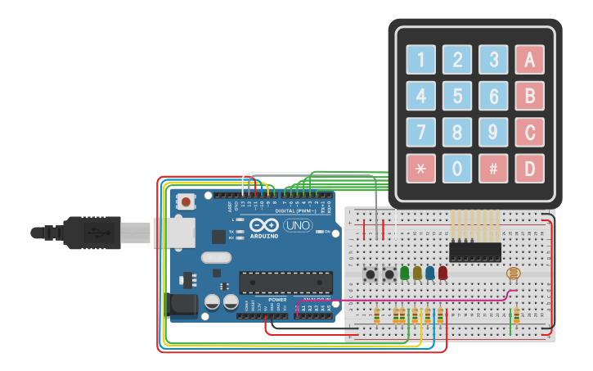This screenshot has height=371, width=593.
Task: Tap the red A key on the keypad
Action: [x=529, y=59]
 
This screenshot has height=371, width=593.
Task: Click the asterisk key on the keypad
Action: [x=420, y=169]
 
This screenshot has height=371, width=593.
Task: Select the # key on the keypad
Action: [x=493, y=169]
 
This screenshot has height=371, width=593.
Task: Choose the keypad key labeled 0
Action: [x=457, y=169]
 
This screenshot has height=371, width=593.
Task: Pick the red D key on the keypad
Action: [x=529, y=169]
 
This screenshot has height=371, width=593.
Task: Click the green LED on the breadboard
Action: [x=405, y=273]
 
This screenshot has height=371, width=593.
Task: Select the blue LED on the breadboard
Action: [x=430, y=273]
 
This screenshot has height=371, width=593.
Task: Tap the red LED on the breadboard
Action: [x=443, y=273]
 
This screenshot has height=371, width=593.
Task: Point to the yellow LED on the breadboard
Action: [x=417, y=273]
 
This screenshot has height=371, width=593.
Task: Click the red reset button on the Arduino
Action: [x=186, y=201]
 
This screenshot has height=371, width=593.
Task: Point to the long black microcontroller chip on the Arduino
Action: [x=285, y=282]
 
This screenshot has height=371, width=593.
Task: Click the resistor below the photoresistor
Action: [x=515, y=314]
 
